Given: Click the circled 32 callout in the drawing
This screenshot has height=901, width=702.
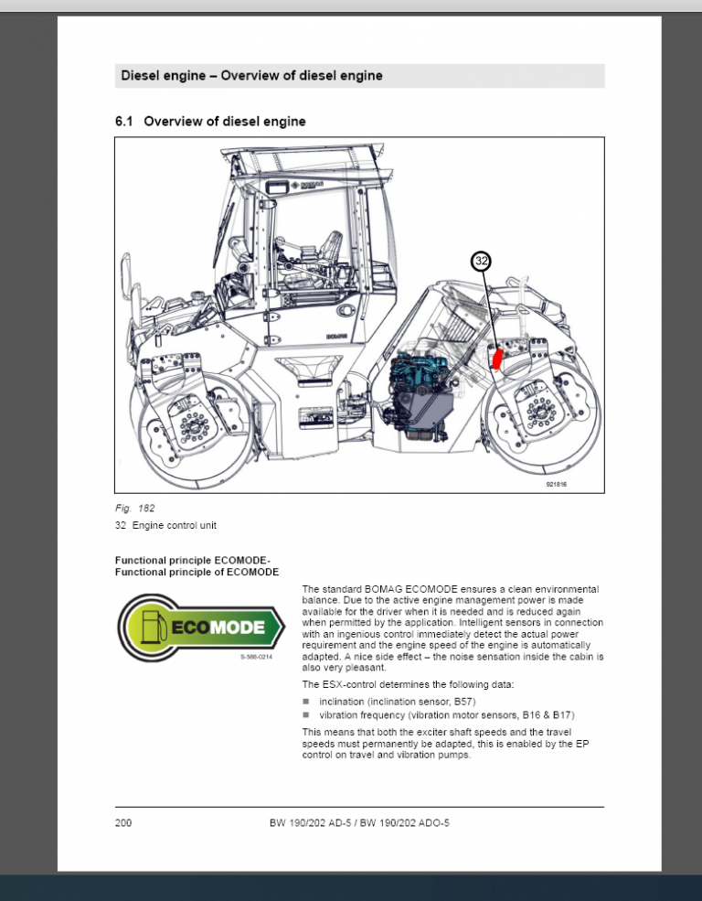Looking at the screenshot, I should tap(482, 261).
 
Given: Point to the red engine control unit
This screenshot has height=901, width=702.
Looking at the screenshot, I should tap(497, 358).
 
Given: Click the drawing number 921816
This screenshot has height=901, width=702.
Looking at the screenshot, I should tap(556, 484).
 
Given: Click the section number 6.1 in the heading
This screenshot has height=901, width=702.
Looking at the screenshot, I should tap(124, 121).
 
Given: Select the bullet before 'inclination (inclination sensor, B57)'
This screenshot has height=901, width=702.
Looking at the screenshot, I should tap(306, 701).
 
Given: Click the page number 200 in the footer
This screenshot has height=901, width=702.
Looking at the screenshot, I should tap(123, 823).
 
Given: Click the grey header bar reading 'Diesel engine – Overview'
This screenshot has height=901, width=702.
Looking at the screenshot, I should tap(359, 76).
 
